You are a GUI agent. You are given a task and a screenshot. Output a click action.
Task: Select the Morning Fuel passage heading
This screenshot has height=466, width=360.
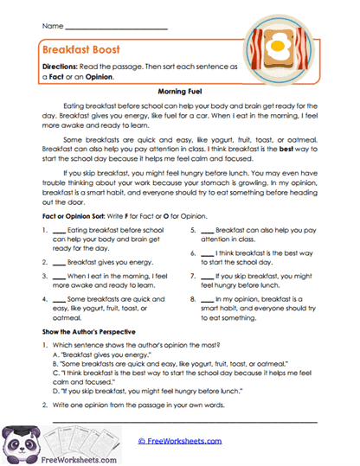(x=180, y=90)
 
